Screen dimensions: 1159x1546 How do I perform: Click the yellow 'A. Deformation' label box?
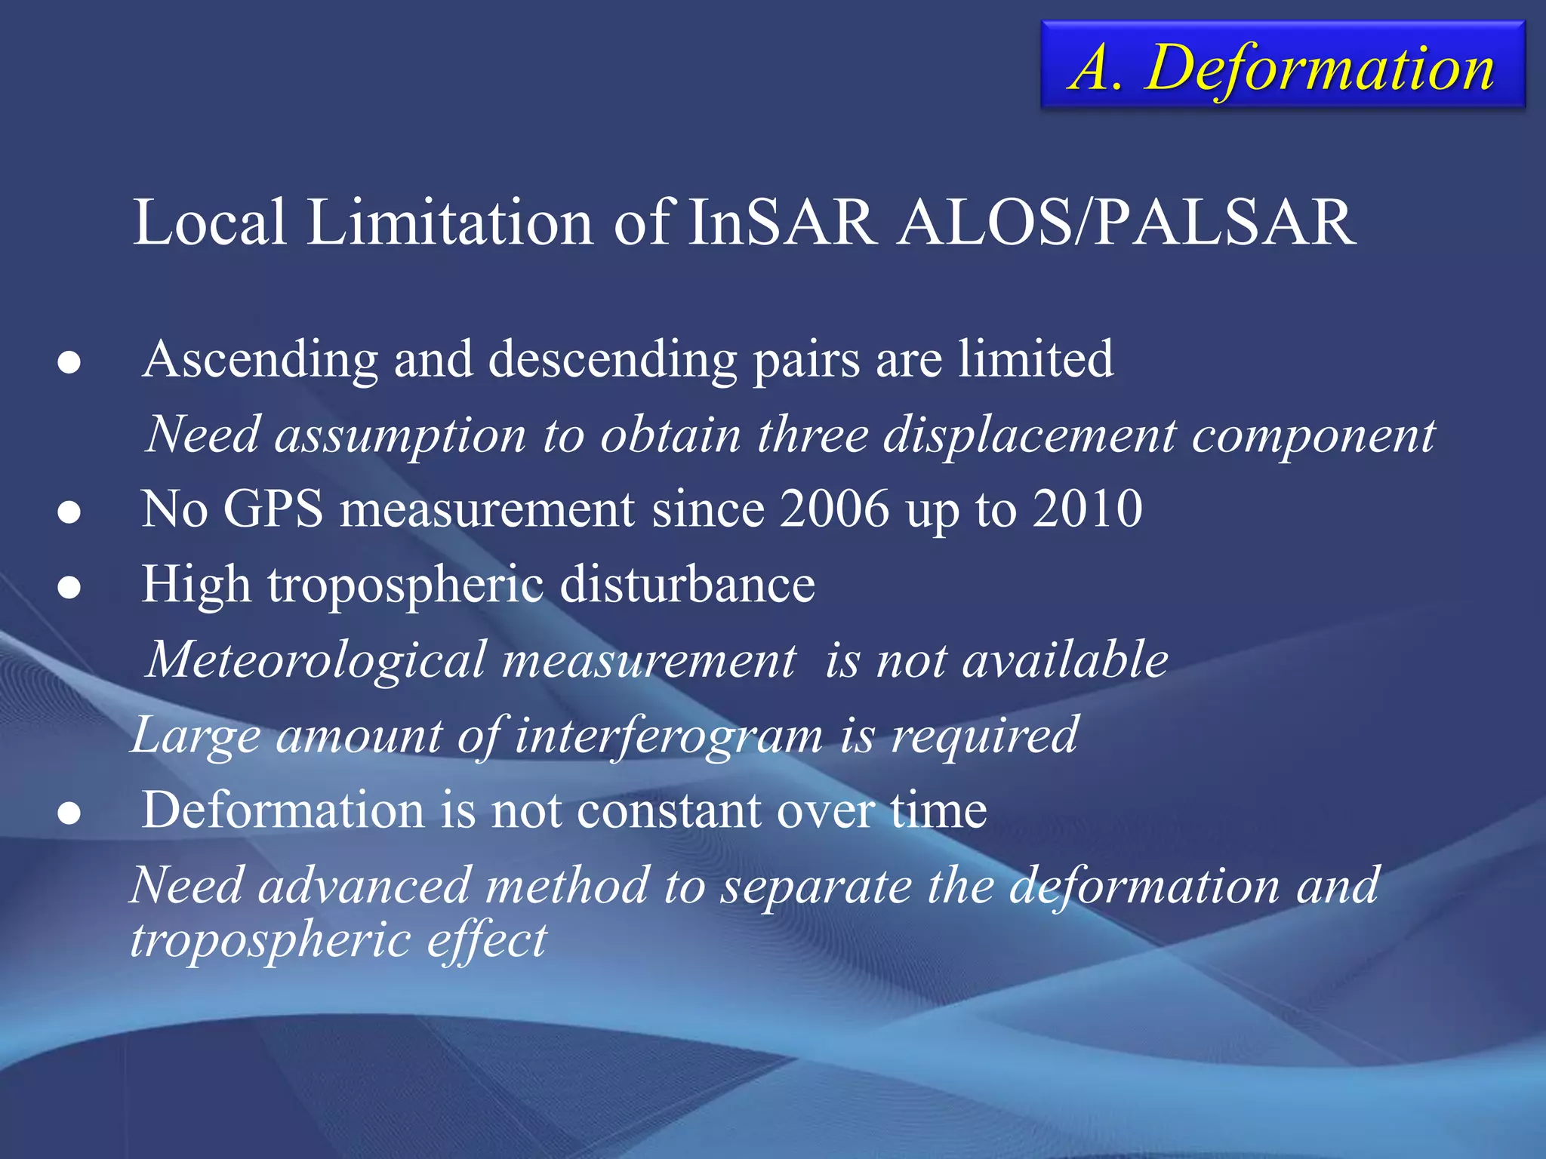[1283, 66]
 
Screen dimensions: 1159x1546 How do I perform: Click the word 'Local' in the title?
[210, 223]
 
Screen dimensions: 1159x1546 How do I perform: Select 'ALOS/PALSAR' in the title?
[1126, 223]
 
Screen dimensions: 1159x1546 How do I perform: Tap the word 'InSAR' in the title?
[781, 223]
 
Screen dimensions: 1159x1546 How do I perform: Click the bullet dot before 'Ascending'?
[69, 363]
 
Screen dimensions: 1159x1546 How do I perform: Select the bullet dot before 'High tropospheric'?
[69, 588]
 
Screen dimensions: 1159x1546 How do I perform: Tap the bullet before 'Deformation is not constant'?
[69, 814]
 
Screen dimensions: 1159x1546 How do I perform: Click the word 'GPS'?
[273, 509]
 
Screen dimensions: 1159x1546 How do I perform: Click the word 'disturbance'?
[687, 585]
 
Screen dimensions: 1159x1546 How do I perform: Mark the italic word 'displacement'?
[1029, 436]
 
